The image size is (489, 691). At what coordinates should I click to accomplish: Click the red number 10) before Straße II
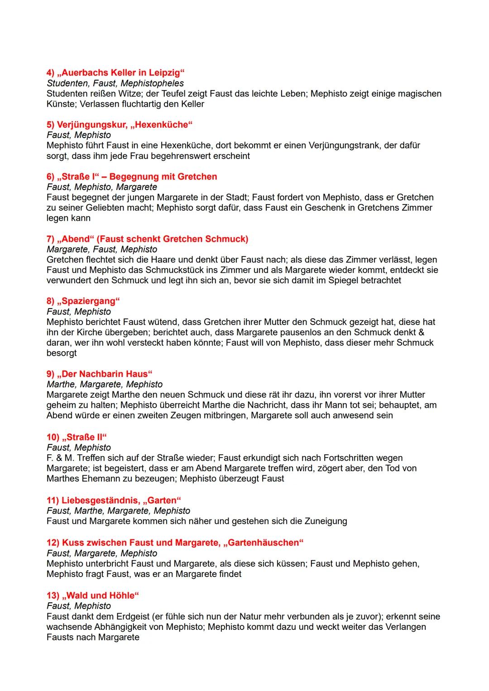click(53, 437)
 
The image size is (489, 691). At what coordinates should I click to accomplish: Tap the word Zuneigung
click(326, 521)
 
